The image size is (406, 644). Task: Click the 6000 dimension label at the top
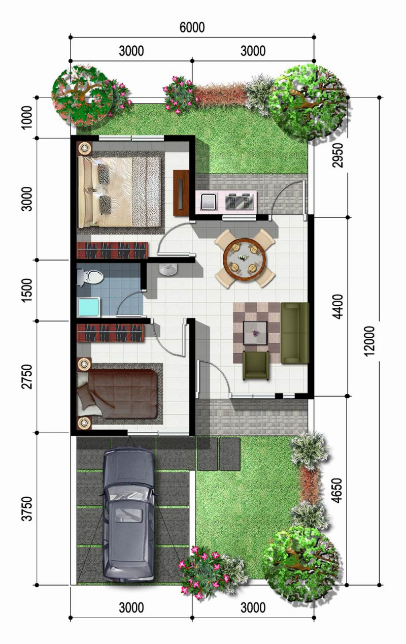(x=192, y=27)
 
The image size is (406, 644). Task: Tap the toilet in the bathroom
(x=91, y=277)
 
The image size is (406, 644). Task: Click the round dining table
(x=245, y=258)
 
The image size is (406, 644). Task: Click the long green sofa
(x=295, y=333)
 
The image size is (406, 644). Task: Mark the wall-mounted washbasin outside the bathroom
(x=168, y=270)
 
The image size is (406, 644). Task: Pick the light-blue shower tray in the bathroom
(x=89, y=308)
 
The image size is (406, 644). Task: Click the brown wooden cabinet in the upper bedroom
(x=181, y=192)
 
